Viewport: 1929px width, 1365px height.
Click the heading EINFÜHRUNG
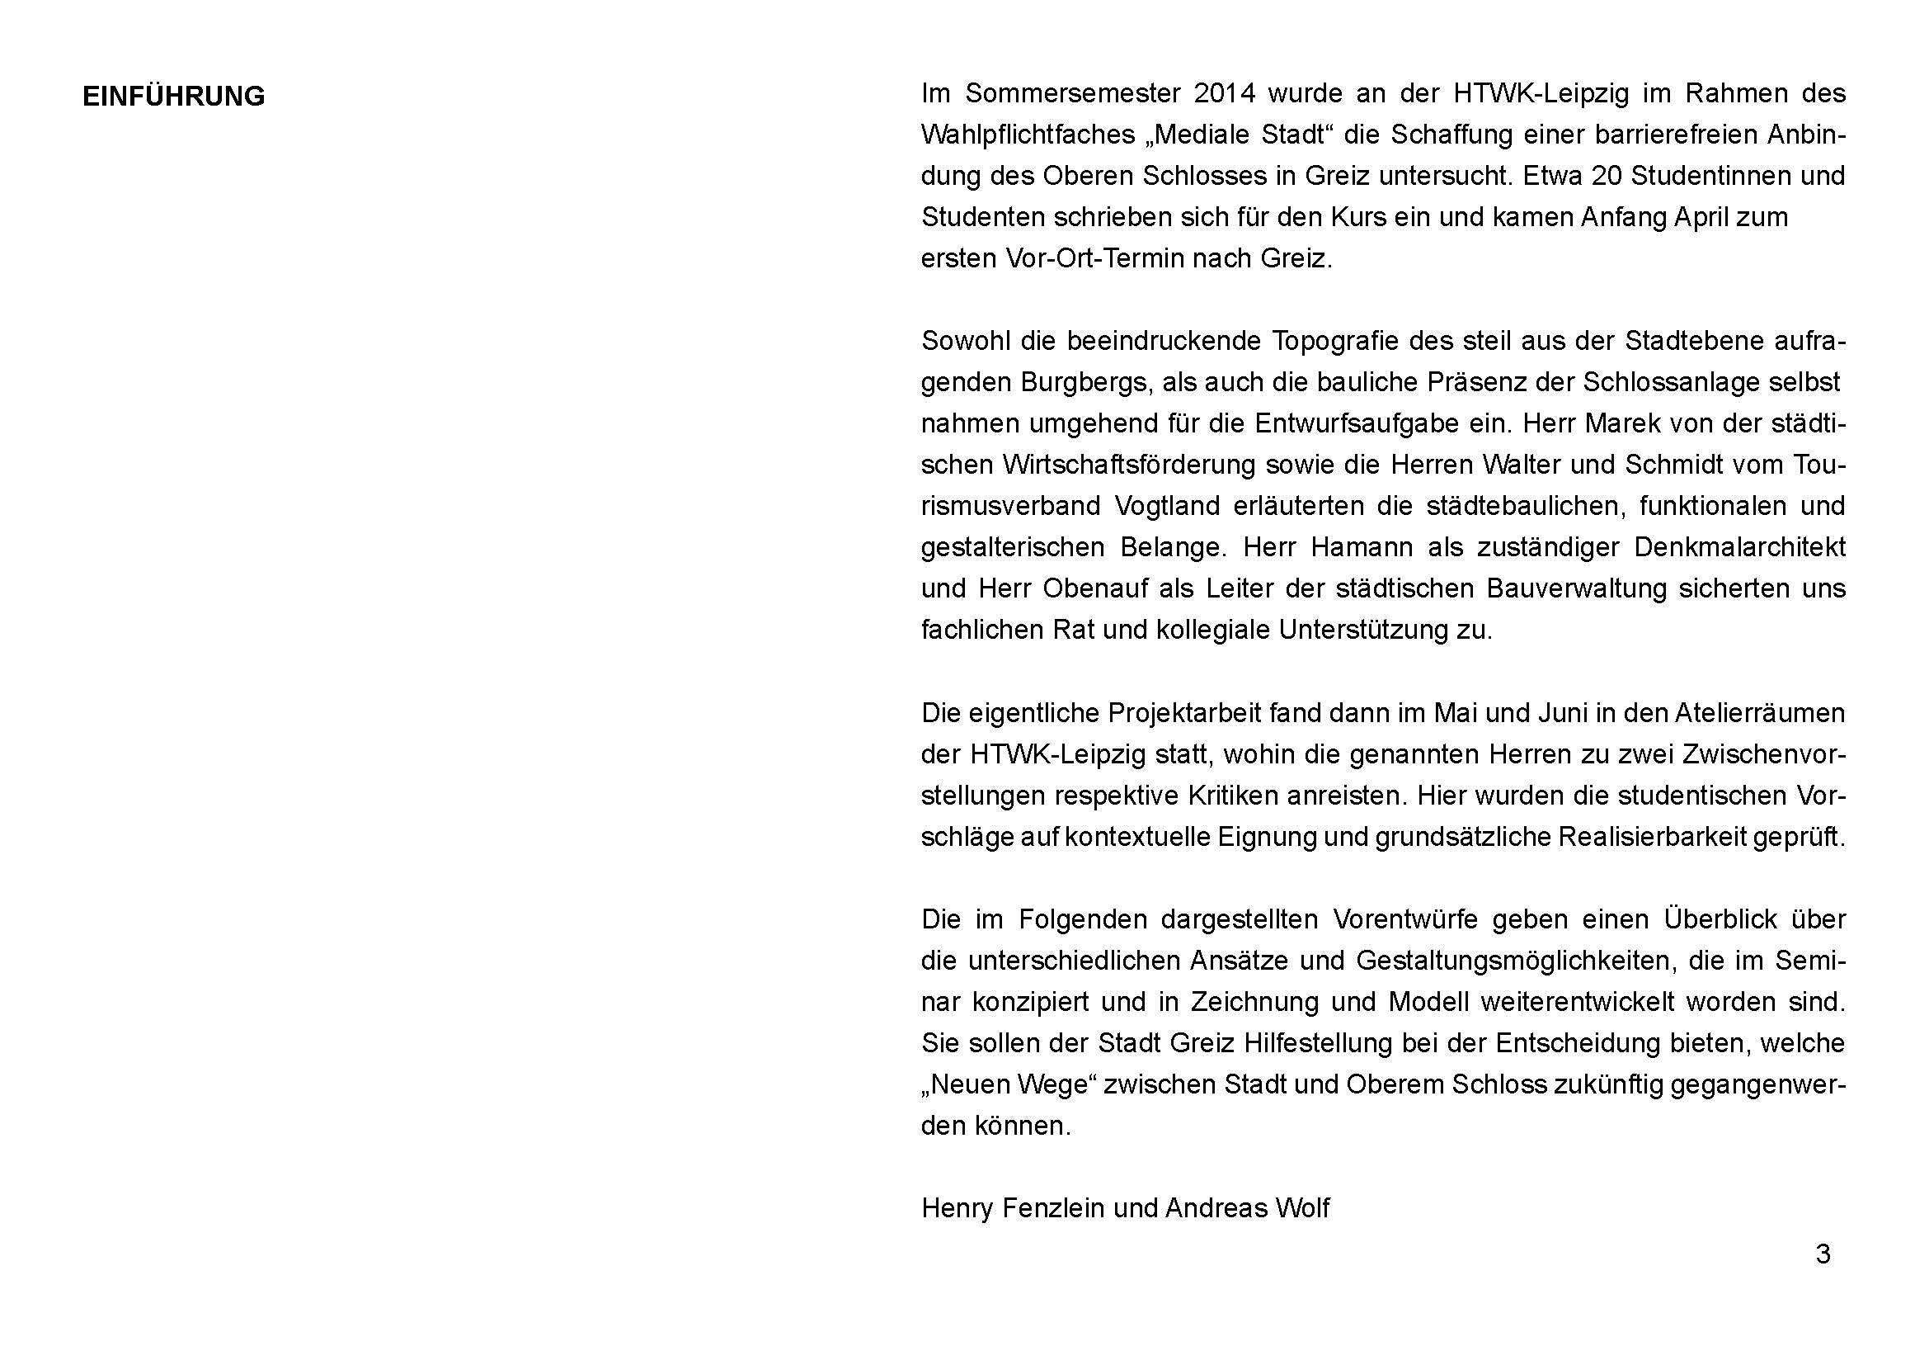point(173,97)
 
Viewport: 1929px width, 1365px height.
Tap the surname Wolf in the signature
point(1302,1208)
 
